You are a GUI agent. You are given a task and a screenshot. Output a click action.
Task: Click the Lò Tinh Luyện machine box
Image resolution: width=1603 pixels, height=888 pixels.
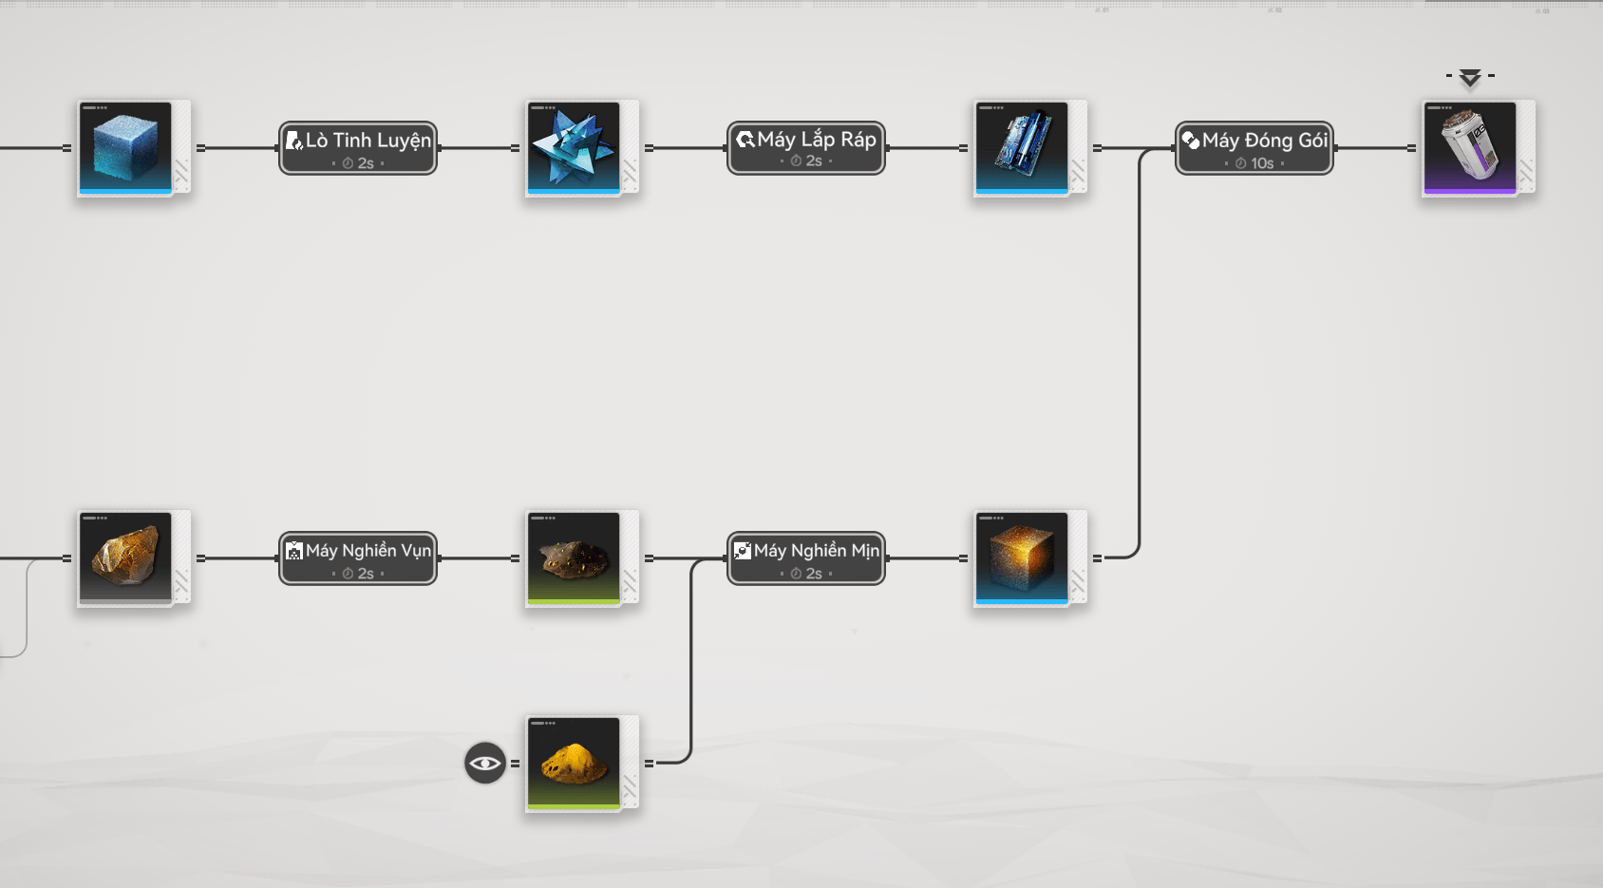pos(358,147)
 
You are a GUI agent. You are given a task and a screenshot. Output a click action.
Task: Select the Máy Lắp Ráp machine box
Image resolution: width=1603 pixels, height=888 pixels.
pos(806,147)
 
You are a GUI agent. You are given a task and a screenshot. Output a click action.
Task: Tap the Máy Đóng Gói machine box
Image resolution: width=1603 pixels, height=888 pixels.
pos(1254,147)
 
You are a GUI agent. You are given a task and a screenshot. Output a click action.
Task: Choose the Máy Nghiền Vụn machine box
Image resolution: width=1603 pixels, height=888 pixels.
pos(358,557)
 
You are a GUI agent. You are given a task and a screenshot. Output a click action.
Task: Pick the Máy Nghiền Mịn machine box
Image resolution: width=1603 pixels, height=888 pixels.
pos(806,557)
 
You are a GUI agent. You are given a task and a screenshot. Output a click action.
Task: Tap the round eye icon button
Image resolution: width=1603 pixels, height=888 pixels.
pos(485,763)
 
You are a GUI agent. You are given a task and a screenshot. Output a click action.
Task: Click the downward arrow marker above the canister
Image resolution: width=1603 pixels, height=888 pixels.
pos(1470,78)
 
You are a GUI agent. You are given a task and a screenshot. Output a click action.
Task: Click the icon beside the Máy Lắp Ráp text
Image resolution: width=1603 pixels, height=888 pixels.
pos(745,141)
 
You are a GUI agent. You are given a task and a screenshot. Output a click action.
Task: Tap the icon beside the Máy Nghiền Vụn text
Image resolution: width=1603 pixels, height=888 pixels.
pos(294,551)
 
